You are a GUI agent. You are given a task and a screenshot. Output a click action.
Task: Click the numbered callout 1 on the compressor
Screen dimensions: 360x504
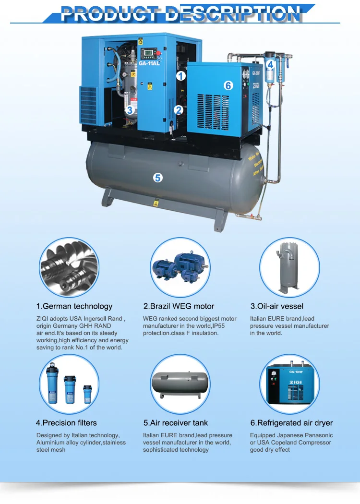[x=180, y=75]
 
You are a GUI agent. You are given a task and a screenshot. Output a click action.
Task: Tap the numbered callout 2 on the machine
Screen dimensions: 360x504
[x=179, y=110]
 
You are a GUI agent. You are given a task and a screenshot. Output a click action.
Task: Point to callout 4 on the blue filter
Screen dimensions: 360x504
[x=270, y=65]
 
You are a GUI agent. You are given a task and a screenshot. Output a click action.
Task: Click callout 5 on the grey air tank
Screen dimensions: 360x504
[x=158, y=177]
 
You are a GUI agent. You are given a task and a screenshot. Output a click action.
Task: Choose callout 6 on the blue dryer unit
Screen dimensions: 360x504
[x=228, y=85]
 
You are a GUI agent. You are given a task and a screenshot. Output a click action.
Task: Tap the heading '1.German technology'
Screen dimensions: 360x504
[x=74, y=306]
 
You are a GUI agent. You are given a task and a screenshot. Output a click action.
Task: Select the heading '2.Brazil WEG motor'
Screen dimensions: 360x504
[x=179, y=306]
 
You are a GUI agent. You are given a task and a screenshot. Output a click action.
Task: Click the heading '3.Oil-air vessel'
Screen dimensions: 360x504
[x=276, y=306]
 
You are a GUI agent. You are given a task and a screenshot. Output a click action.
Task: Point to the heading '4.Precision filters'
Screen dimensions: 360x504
[x=66, y=423]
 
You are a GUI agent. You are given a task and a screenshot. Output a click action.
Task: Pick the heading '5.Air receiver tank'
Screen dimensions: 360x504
[x=175, y=423]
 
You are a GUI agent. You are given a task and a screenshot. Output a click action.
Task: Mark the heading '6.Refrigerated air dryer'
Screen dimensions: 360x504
[x=291, y=423]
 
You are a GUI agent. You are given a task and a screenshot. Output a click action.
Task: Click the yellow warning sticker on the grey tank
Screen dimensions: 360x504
[x=156, y=204]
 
